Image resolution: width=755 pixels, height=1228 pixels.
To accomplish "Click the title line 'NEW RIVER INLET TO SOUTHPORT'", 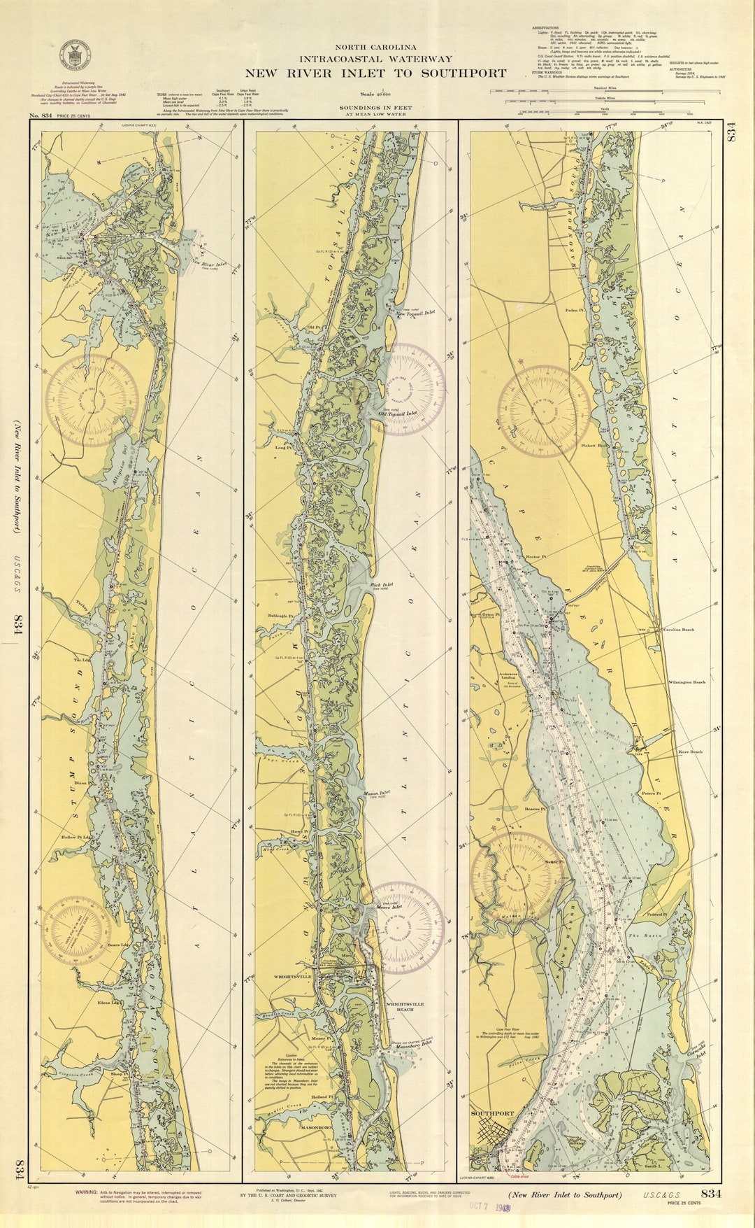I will pos(375,73).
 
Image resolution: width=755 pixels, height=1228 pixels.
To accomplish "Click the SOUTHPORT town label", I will pos(491,1113).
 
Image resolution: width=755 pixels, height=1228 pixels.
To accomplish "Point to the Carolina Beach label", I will pos(678,630).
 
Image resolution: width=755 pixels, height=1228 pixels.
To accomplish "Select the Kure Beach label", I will pos(690,752).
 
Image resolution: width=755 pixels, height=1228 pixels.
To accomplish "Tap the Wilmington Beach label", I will pos(686,682).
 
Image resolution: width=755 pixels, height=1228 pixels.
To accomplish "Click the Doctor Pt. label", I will pos(534,558).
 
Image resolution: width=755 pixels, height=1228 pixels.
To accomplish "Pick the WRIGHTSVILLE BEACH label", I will pos(404,1006).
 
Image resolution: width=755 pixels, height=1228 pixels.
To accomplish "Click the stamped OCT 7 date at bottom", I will pos(489,1207).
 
